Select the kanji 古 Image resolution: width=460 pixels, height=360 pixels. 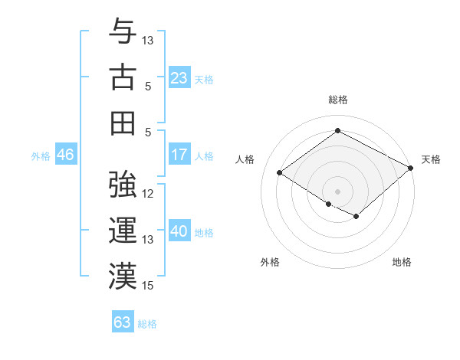pos(123,77)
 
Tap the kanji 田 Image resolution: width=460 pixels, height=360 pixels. pos(123,123)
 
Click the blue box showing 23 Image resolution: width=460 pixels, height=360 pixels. pos(179,77)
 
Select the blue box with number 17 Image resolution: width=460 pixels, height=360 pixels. pos(179,155)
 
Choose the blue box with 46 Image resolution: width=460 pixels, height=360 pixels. pos(65,155)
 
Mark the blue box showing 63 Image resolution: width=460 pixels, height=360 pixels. pos(123,322)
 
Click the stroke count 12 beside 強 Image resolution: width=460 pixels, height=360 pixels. pos(148,194)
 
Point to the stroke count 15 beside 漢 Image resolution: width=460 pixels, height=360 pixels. pos(148,286)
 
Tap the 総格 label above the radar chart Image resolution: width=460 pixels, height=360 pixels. pos(337,100)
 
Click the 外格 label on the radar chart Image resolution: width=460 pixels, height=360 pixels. pos(270,262)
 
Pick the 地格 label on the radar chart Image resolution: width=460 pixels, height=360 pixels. pos(402,262)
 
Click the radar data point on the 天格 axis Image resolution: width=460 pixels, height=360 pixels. pos(411,169)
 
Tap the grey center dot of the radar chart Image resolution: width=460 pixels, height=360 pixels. pos(337,190)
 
